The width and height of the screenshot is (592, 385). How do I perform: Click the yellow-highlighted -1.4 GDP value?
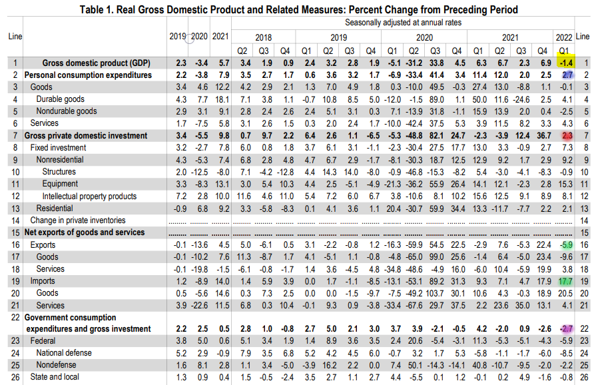(x=566, y=63)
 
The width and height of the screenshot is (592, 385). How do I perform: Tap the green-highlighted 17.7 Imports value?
(x=565, y=282)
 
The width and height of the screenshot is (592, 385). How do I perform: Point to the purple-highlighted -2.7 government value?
(x=566, y=328)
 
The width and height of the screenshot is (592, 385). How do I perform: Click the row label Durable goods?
(x=61, y=99)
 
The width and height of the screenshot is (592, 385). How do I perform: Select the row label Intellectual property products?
(x=89, y=196)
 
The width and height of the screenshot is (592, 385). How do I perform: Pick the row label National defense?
(x=64, y=353)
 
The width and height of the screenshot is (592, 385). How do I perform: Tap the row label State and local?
(x=55, y=377)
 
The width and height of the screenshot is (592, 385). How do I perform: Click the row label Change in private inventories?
(x=78, y=220)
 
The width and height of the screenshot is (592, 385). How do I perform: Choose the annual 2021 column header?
(x=220, y=36)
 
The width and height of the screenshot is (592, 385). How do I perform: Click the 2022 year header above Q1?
(x=564, y=37)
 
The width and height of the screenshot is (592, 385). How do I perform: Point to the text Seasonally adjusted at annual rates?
(x=404, y=23)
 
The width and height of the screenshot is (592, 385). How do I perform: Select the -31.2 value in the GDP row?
(x=414, y=63)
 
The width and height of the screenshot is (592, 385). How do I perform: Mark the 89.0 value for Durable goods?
(x=436, y=99)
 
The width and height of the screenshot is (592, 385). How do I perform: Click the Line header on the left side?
(x=15, y=36)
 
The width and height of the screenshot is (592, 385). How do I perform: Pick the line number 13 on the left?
(x=15, y=208)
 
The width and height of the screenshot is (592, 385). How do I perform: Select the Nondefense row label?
(x=56, y=365)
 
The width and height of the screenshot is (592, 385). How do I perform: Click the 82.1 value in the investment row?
(x=436, y=136)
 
